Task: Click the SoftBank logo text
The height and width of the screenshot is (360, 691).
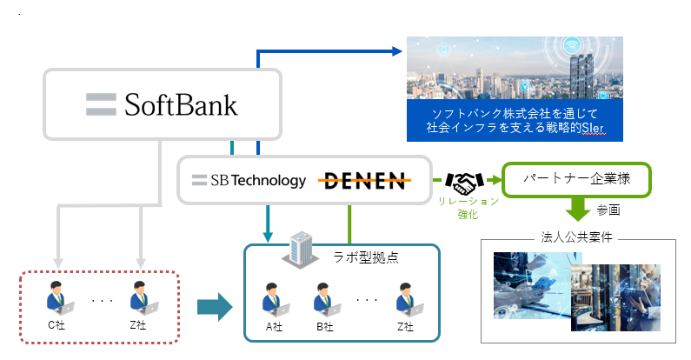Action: pos(181,105)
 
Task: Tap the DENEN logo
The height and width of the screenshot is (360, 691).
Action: pos(364,181)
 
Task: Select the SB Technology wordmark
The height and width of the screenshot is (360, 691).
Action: pos(258,180)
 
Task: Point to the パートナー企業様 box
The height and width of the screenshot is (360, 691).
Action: pos(576,180)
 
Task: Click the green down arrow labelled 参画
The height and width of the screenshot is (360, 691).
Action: pos(578,210)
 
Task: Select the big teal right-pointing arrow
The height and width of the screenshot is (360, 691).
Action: pos(215,307)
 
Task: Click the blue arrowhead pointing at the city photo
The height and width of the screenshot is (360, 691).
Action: pos(396,51)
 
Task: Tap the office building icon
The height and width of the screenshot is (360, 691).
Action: pos(300,250)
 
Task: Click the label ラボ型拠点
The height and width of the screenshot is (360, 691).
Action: pos(366,257)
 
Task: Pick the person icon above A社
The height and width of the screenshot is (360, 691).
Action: pos(274,300)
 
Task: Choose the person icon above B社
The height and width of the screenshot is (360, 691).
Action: pos(326,300)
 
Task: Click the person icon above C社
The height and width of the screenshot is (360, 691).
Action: pos(58,298)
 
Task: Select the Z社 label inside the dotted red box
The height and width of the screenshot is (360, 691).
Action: pos(138,325)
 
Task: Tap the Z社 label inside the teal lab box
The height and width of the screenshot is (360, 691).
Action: pos(405,327)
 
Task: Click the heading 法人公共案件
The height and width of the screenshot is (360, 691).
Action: pos(576,237)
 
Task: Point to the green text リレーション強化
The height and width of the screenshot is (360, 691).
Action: pos(468,208)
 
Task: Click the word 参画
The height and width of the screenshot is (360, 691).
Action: pos(608,210)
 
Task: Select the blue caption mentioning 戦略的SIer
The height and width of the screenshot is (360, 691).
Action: pos(515,120)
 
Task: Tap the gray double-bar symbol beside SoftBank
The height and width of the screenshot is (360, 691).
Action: pos(101,104)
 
